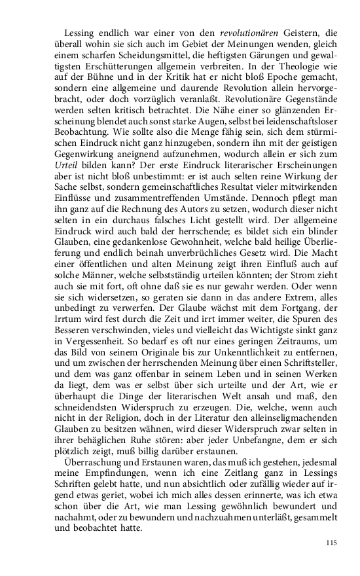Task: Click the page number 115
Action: click(331, 543)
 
